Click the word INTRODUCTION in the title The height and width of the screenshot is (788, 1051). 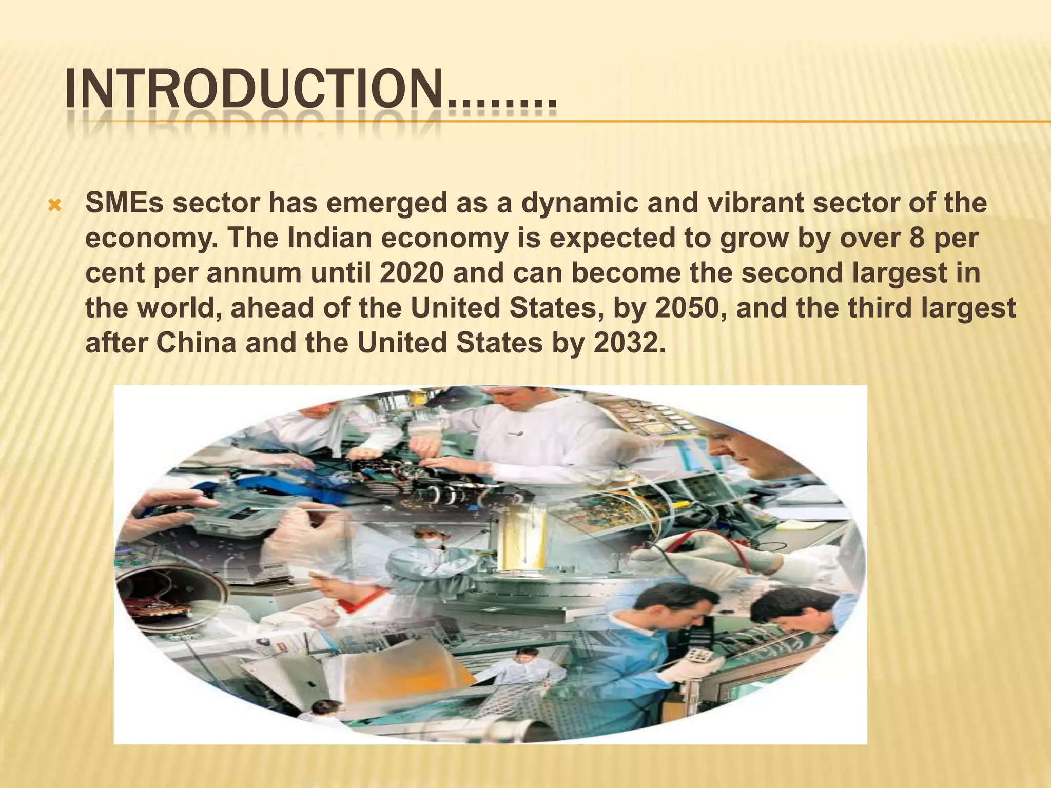(254, 91)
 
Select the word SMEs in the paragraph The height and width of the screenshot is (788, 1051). (124, 203)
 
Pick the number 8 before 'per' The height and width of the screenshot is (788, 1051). (917, 238)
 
